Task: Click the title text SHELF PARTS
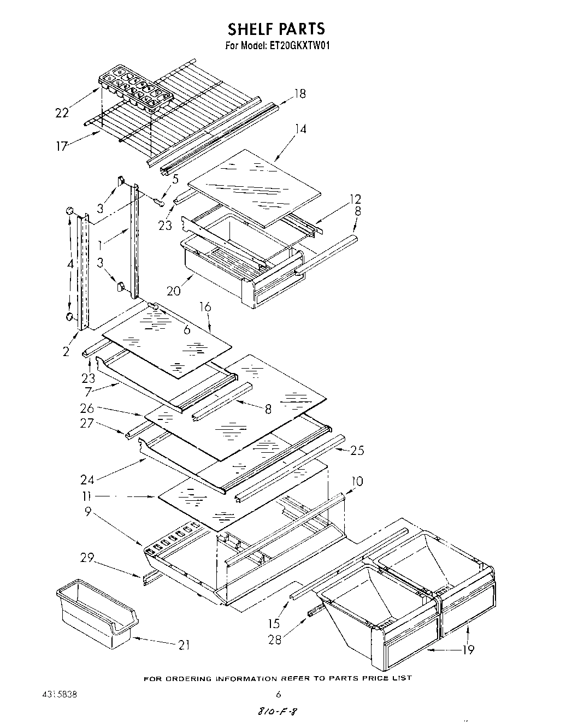coord(276,28)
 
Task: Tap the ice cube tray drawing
coord(135,87)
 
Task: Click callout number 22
coord(62,113)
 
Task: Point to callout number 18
coord(299,93)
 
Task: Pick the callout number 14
coord(300,129)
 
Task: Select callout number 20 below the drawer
coord(174,291)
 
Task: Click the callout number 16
coord(205,307)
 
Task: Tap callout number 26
coord(87,408)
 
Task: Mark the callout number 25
coord(357,451)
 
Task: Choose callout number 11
coord(86,496)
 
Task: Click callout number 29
coord(86,558)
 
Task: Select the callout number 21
coord(184,645)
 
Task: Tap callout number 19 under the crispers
coord(468,649)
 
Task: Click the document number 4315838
coord(59,695)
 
